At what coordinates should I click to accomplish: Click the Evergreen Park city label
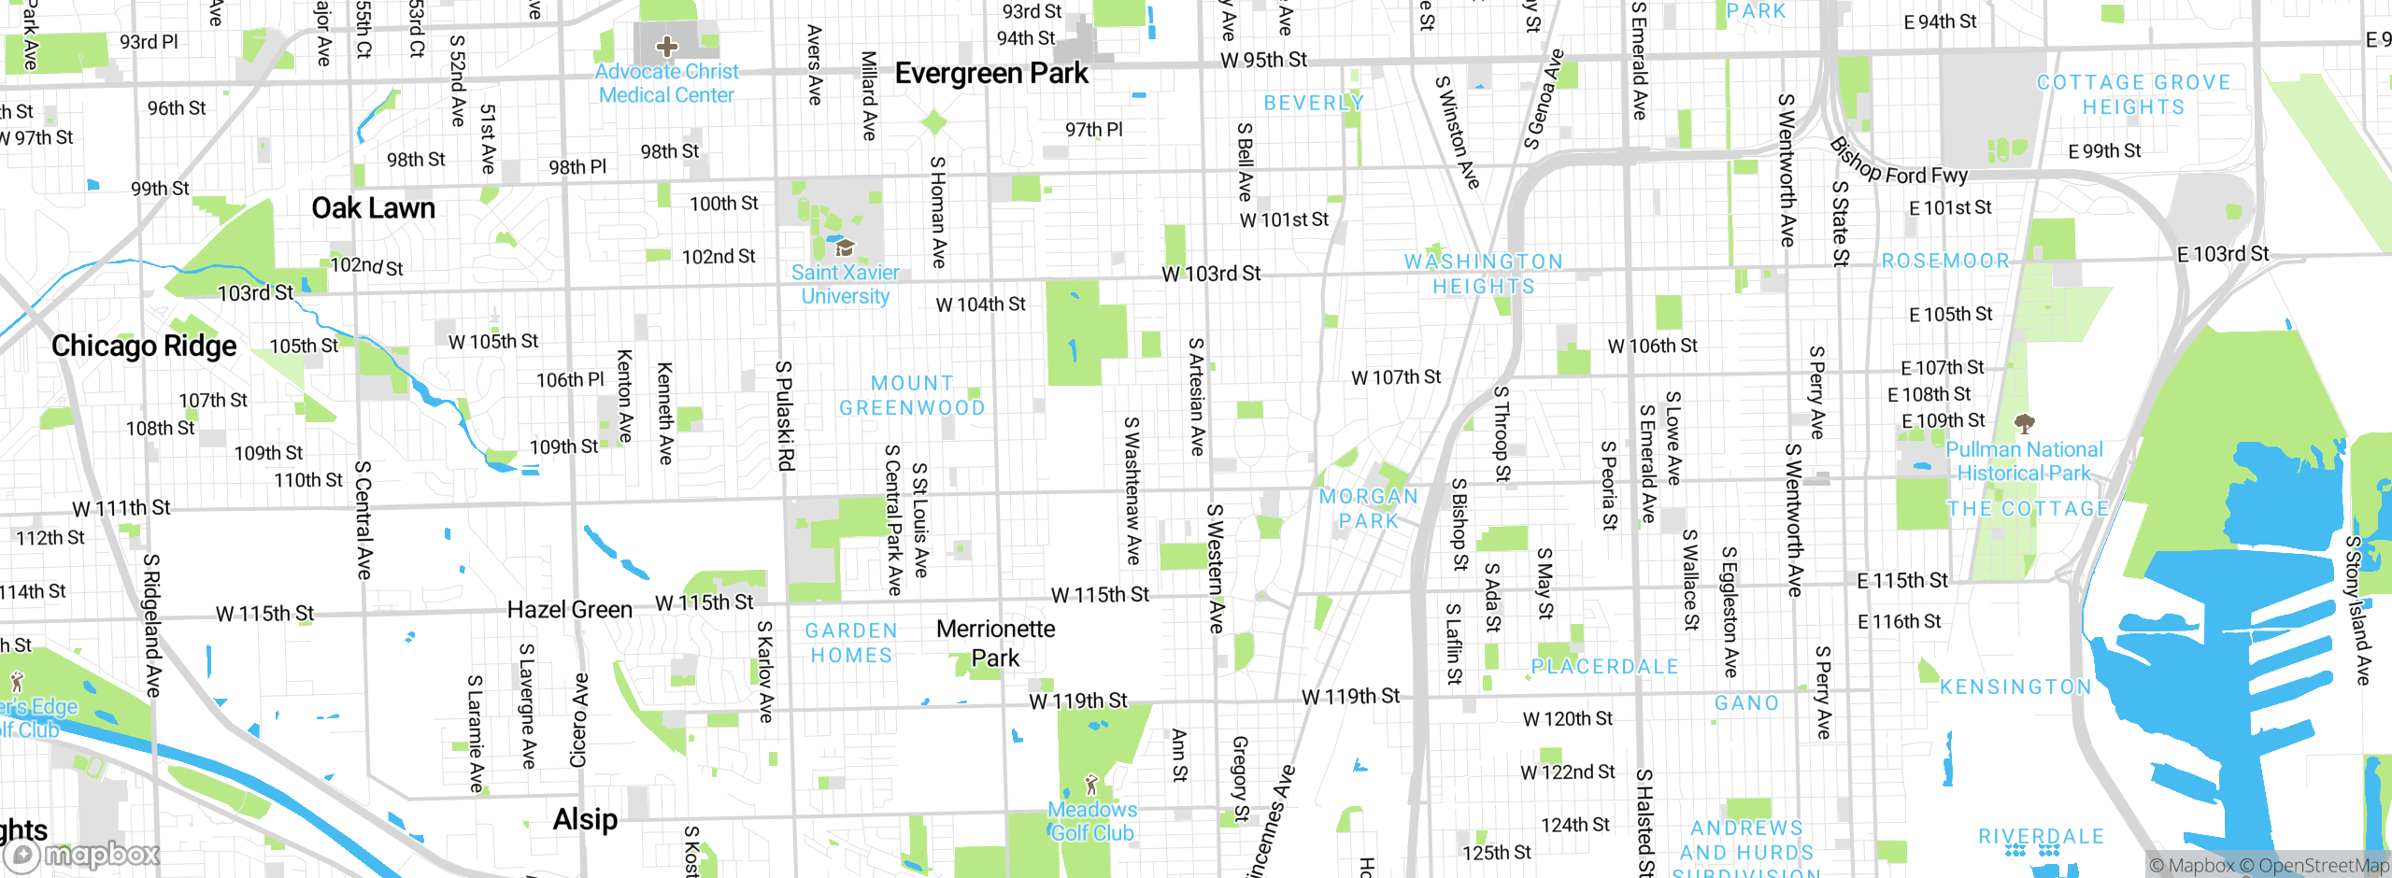tap(991, 73)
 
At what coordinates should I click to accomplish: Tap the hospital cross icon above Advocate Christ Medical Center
tap(666, 46)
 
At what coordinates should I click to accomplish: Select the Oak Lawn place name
tap(373, 207)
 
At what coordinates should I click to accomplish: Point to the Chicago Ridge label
tap(144, 346)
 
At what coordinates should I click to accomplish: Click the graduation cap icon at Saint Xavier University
tap(845, 248)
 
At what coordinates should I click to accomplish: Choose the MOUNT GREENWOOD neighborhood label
tap(912, 396)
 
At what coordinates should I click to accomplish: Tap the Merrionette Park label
tap(996, 643)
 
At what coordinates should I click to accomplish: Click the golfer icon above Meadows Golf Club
tap(1090, 785)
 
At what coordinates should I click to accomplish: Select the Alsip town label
tap(585, 819)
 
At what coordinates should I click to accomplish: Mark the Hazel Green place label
tap(569, 610)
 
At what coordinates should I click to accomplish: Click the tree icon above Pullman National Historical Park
tap(2024, 425)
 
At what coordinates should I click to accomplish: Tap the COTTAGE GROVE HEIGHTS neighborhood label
tap(2133, 94)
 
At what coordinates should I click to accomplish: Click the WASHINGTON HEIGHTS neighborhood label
tap(1484, 274)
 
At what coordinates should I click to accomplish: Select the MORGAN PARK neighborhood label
tap(1369, 509)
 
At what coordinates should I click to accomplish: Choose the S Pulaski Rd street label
tap(786, 416)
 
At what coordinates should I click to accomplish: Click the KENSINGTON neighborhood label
tap(2015, 687)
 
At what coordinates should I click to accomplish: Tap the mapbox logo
tap(82, 854)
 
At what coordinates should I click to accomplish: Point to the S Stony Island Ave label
tap(2357, 611)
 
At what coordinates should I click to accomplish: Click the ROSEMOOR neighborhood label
tap(1945, 262)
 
